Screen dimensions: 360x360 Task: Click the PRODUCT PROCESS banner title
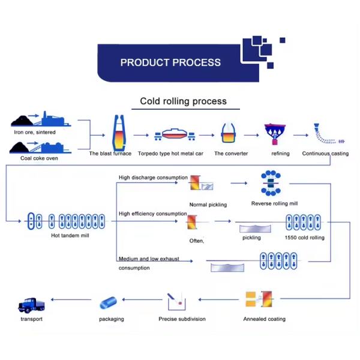170,62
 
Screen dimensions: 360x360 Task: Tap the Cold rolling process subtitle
183,101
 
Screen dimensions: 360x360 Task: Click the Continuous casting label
325,154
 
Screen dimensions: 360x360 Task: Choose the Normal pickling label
208,205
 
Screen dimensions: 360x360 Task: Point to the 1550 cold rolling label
305,238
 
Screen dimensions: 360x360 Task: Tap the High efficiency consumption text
153,214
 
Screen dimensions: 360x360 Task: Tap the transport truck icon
32,305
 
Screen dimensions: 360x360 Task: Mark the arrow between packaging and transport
71,299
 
